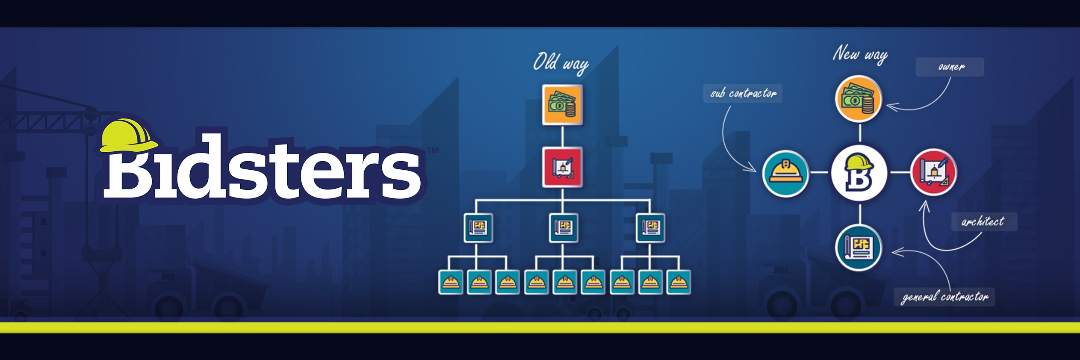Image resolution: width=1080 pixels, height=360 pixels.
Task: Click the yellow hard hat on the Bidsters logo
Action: pyautogui.click(x=128, y=136)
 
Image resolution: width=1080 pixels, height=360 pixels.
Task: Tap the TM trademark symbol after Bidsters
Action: pyautogui.click(x=433, y=150)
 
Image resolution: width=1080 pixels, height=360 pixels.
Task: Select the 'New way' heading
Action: pyautogui.click(x=860, y=55)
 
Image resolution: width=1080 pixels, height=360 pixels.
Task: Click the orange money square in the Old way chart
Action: pyautogui.click(x=562, y=105)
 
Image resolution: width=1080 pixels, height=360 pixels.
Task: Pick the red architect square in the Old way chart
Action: pyautogui.click(x=562, y=168)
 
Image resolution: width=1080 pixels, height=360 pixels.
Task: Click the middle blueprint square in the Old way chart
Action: pyautogui.click(x=564, y=227)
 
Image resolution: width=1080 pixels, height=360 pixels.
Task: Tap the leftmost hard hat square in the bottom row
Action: pyautogui.click(x=451, y=282)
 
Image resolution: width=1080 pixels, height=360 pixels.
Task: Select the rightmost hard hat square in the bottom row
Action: pyautogui.click(x=679, y=282)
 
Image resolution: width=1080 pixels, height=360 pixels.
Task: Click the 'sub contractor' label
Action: pyautogui.click(x=743, y=93)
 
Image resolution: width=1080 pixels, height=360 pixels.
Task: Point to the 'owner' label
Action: pyautogui.click(x=950, y=67)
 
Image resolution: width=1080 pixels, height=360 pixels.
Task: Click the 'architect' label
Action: pyautogui.click(x=984, y=221)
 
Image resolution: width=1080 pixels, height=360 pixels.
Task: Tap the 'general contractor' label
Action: pyautogui.click(x=944, y=297)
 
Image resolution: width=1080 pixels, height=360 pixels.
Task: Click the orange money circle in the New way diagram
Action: pyautogui.click(x=859, y=99)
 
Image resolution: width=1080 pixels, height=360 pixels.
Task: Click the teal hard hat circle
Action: pyautogui.click(x=785, y=173)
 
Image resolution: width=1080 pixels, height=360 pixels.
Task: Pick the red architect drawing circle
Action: pyautogui.click(x=934, y=172)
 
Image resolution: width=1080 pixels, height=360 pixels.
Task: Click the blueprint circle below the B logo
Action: pyautogui.click(x=859, y=247)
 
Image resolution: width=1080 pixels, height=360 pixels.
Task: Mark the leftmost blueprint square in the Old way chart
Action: pyautogui.click(x=478, y=227)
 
